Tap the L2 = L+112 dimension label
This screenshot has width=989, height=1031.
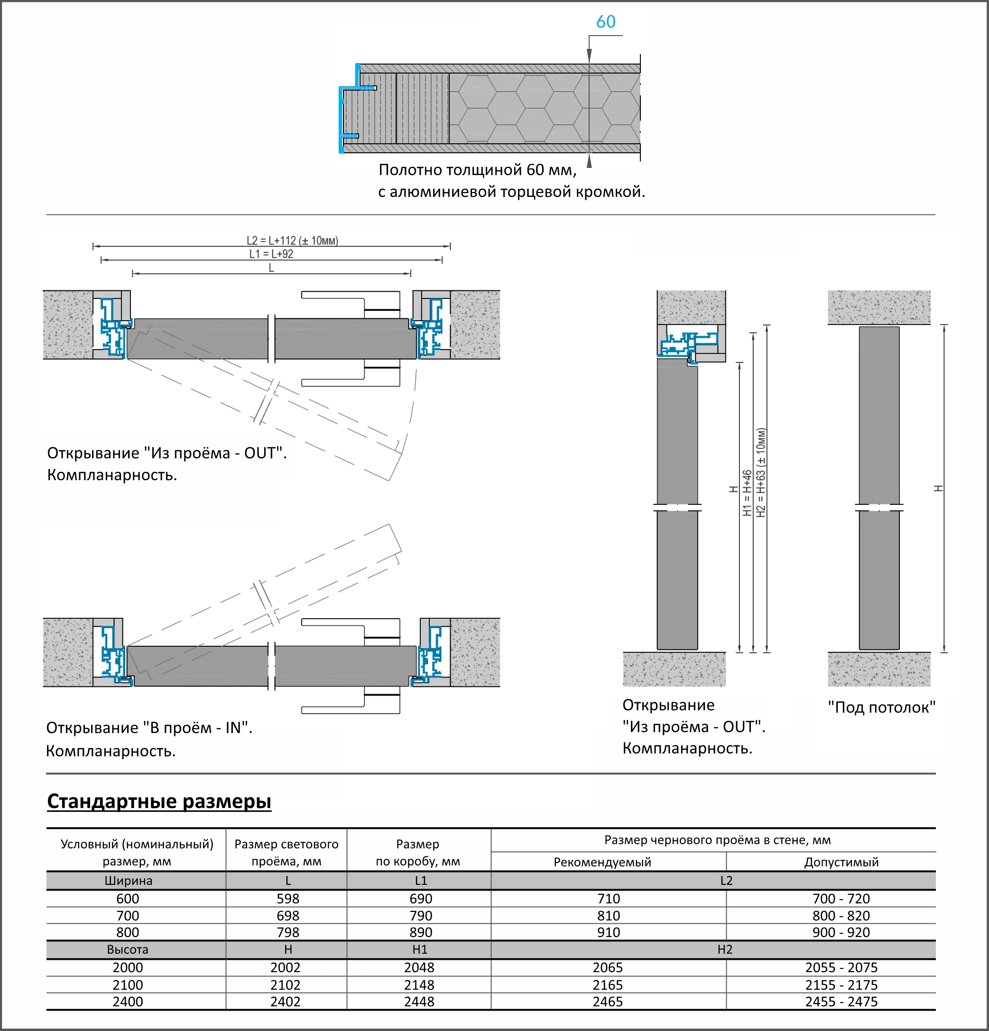292,241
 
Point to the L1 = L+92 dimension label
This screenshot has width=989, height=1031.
271,254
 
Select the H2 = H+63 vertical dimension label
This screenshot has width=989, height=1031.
761,472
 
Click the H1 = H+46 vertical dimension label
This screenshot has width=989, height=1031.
747,493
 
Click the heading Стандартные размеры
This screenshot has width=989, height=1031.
159,801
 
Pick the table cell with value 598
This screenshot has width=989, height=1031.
287,899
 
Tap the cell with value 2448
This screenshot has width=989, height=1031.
419,1002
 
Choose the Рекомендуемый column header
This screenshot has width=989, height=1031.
602,862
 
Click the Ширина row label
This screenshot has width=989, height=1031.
128,881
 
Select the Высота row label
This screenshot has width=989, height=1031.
128,949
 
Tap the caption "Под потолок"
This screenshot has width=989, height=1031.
881,707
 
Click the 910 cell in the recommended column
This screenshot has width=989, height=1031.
608,932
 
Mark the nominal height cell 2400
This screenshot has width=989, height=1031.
128,1002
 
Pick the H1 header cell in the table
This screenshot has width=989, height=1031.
420,949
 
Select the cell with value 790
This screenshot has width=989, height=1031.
421,916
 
